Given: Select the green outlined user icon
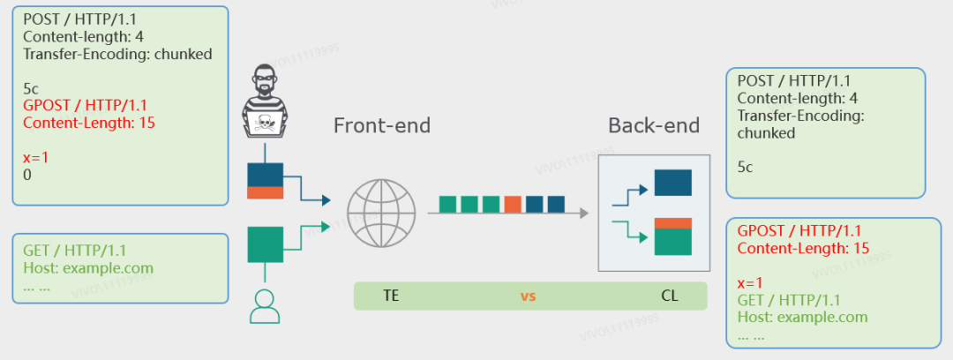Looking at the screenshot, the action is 265,306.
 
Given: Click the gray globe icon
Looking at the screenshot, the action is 381,213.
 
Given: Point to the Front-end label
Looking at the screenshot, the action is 382,126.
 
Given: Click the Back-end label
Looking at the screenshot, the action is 654,126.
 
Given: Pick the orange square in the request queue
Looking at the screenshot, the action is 513,205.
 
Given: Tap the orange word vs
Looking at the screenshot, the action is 528,296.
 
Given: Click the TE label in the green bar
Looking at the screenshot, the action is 392,296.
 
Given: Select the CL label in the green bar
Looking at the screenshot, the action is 669,296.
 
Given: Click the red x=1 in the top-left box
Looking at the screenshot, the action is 36,157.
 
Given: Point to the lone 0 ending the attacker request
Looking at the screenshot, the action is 26,175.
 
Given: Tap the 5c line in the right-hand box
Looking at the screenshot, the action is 745,168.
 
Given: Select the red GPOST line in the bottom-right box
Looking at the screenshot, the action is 799,231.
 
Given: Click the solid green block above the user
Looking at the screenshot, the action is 265,244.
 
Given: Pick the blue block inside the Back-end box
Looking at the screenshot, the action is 672,183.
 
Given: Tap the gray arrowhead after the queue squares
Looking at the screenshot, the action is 584,213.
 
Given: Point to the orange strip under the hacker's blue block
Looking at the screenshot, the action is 265,192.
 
